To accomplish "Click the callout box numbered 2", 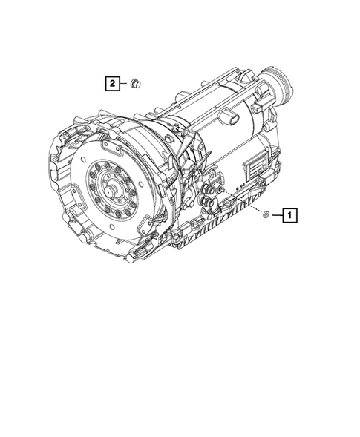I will (111, 84).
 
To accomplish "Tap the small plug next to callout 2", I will (135, 83).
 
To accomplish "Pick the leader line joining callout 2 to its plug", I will (122, 84).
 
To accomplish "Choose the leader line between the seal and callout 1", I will (275, 216).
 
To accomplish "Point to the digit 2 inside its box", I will (111, 84).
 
